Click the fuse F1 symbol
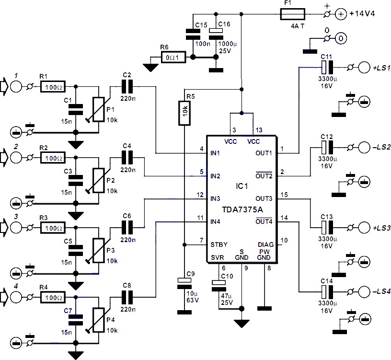coord(292,14)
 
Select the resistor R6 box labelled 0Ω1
coord(173,58)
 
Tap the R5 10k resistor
coord(184,113)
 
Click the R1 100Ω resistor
coord(53,87)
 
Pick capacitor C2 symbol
coord(127,87)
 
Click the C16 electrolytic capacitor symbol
coord(216,34)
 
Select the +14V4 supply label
coord(362,13)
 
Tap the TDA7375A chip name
coord(242,209)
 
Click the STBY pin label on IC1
coord(218,245)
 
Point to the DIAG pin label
coord(265,244)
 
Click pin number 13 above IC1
coord(259,130)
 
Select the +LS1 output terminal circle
coord(364,68)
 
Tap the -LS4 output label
coord(381,291)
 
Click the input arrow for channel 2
coord(4,158)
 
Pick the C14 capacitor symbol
coord(327,291)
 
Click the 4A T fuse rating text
coord(298,26)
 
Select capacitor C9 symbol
coord(184,283)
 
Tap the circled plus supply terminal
coord(341,14)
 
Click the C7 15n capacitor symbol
coord(76,320)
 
